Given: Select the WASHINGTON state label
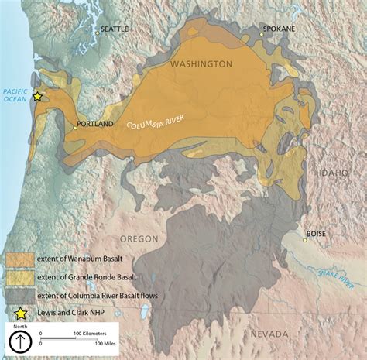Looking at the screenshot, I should coord(201,63).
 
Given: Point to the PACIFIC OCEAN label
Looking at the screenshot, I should coord(15,94).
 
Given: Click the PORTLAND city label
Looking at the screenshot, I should coord(96,123).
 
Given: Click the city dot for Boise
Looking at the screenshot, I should coord(305,239).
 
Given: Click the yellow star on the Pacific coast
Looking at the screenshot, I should coord(37,97).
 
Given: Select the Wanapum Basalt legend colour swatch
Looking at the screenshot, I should coord(21,259).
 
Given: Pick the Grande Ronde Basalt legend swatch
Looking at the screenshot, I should coord(21,276).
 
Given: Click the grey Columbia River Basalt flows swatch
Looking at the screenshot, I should coord(21,294).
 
